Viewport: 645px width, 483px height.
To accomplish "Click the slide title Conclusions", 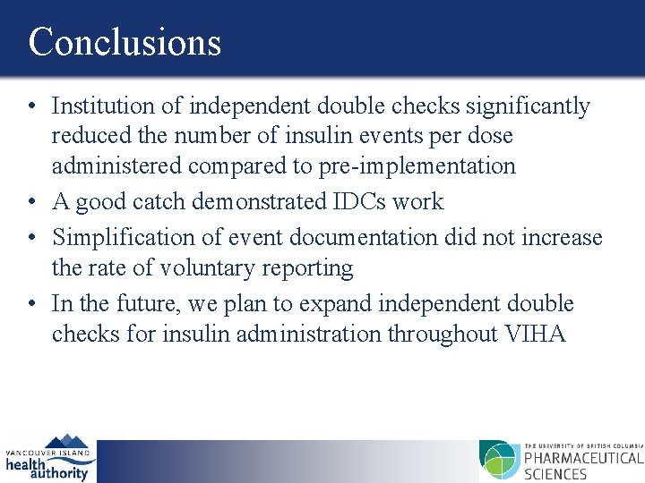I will tap(125, 42).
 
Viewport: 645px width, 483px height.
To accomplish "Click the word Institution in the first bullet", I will tap(102, 106).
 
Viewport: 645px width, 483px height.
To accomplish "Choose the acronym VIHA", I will tap(537, 334).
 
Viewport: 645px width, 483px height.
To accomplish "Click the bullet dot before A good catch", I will tap(31, 202).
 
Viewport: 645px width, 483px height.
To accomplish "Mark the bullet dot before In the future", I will tap(31, 304).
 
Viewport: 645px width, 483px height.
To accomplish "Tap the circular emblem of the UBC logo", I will tap(499, 460).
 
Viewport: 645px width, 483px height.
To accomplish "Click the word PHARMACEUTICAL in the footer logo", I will tap(583, 460).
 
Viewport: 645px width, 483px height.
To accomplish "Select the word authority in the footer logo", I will tap(59, 473).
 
